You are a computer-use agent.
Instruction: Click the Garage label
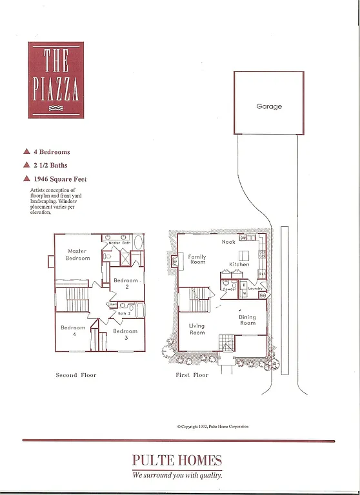(268, 106)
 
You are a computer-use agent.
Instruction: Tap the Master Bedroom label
(77, 255)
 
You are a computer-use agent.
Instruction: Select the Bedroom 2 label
(126, 283)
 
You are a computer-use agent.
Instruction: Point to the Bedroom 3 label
(126, 334)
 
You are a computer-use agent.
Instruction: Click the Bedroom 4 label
(73, 331)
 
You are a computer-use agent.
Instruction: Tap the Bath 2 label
(124, 313)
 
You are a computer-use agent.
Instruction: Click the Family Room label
(197, 259)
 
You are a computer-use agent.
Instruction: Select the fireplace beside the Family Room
(173, 260)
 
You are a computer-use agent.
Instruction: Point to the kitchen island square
(245, 255)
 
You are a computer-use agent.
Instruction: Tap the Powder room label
(228, 289)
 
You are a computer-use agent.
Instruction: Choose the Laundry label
(255, 289)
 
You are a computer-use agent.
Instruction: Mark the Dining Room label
(247, 320)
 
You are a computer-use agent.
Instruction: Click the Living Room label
(197, 329)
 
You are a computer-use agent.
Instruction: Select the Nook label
(228, 242)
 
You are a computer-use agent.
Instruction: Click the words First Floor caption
(192, 374)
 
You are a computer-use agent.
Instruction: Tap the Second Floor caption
(75, 374)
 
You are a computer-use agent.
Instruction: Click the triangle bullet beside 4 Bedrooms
(26, 152)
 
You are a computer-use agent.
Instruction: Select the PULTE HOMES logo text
(177, 460)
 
